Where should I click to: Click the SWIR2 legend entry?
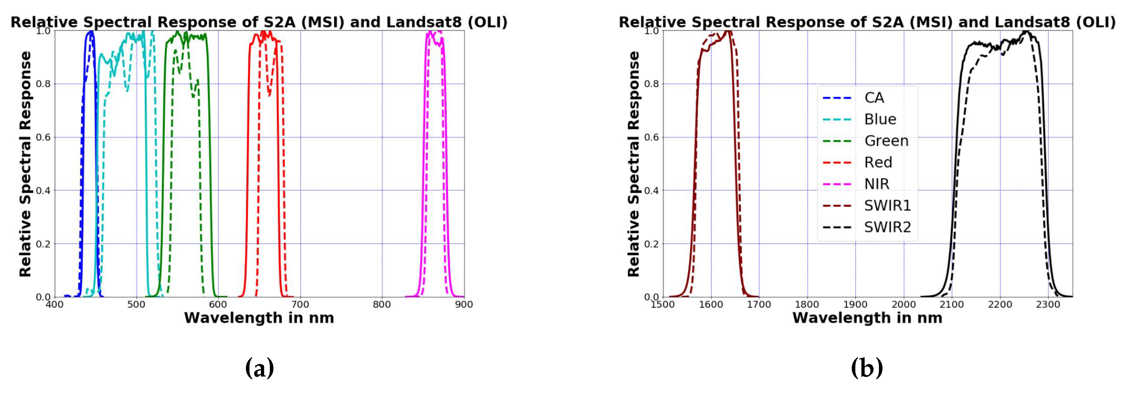click(x=887, y=227)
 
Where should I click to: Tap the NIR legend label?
click(x=877, y=184)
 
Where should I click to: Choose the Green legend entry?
click(x=886, y=141)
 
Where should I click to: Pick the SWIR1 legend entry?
click(x=887, y=205)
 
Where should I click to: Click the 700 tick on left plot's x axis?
click(x=300, y=305)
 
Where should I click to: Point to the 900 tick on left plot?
click(x=464, y=305)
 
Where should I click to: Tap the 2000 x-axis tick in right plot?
click(x=904, y=305)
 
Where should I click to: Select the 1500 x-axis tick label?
click(x=662, y=305)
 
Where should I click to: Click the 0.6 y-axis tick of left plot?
click(x=43, y=137)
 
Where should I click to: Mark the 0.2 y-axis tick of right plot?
click(x=652, y=244)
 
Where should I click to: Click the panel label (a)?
click(x=259, y=368)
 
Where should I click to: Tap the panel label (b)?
click(x=867, y=368)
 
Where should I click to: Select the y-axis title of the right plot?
click(x=633, y=164)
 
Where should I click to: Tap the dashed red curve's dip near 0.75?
click(x=269, y=94)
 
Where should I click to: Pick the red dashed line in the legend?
click(x=837, y=162)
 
